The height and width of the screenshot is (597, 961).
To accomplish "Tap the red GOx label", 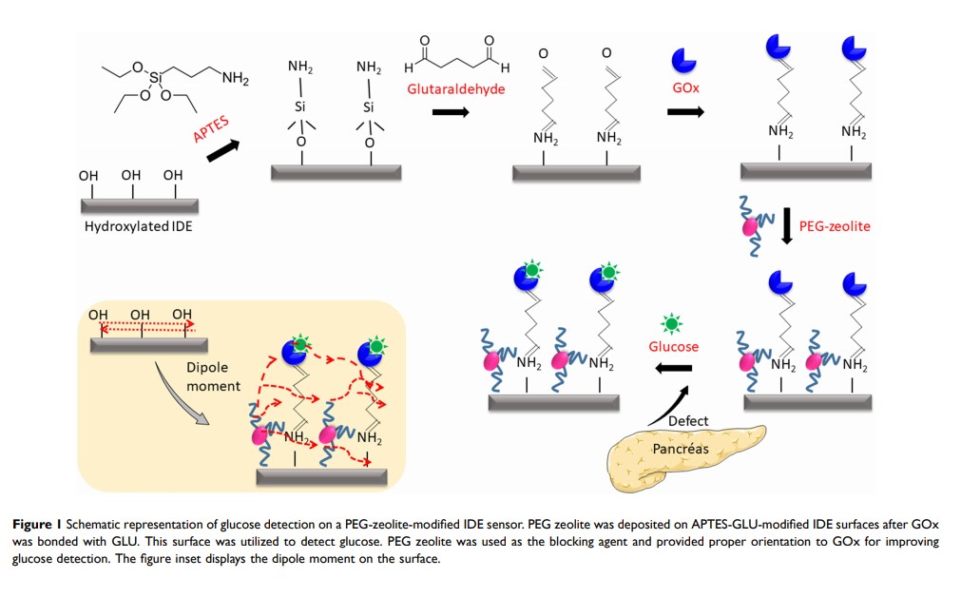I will (x=684, y=87).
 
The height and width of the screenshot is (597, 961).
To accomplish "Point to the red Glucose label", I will (x=674, y=347).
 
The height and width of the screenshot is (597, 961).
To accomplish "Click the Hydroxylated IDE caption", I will (x=138, y=226).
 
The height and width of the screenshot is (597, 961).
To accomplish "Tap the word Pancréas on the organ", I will (x=680, y=449).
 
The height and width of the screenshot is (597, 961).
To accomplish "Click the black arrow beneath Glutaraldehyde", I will (x=451, y=112).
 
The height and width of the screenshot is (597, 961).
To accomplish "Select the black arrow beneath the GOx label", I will (x=685, y=111).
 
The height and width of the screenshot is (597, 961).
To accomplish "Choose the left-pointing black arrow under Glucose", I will (x=674, y=370).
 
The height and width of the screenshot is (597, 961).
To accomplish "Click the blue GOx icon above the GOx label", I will (x=684, y=60).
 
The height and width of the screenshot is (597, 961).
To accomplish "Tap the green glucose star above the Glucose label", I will (x=673, y=323).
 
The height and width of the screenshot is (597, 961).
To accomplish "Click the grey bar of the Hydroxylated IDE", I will (x=138, y=205).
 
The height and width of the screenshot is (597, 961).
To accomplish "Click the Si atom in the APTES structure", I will (x=156, y=76).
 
